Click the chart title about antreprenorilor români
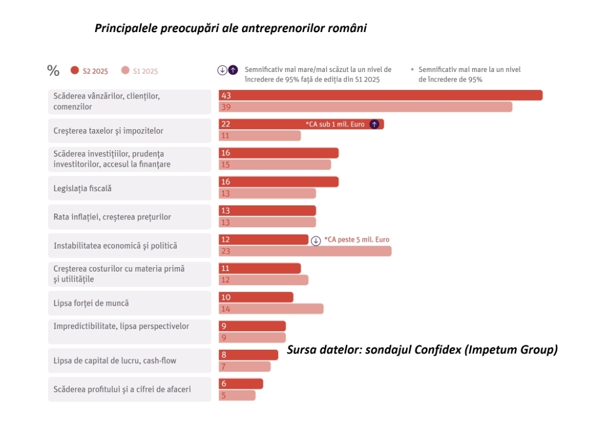click(231, 28)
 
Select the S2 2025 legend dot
click(74, 70)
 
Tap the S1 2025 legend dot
click(125, 70)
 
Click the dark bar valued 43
click(380, 96)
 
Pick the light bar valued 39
click(365, 107)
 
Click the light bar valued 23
click(305, 251)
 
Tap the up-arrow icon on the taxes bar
click(374, 124)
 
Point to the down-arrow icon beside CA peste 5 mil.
click(316, 240)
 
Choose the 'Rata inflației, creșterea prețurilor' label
click(112, 217)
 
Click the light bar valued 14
click(271, 309)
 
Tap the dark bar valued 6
click(240, 384)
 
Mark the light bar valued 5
click(237, 395)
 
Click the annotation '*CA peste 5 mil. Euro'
click(356, 240)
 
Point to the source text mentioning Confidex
click(422, 350)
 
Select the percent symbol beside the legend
click(53, 71)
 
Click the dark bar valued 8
click(248, 355)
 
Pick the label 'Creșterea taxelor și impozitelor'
click(109, 131)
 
